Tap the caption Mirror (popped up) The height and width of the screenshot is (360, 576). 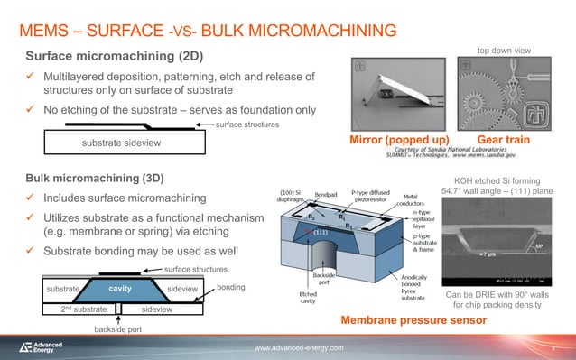(x=398, y=142)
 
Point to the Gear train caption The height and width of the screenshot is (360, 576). (x=503, y=142)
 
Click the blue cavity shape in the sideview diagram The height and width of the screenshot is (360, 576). (x=120, y=289)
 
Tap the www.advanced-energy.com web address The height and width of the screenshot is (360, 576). (x=299, y=348)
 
